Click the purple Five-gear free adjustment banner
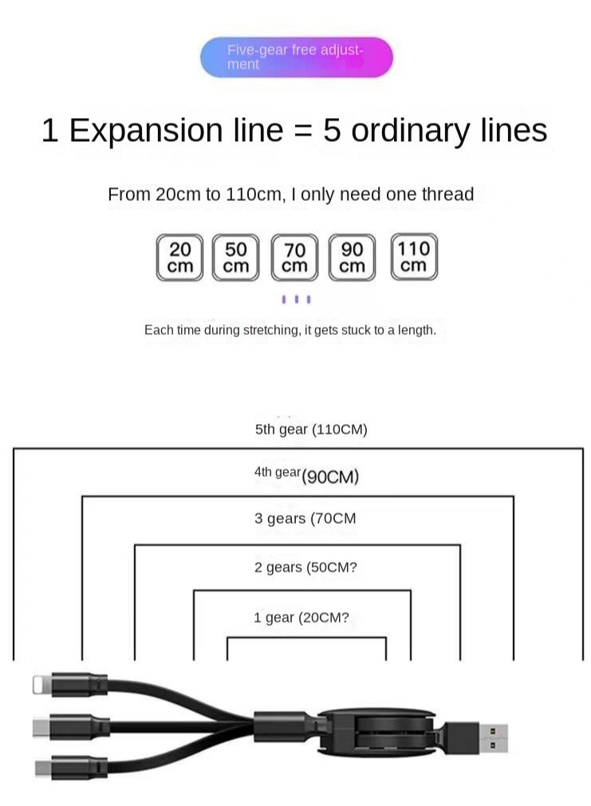coord(296,57)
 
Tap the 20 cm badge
coord(180,257)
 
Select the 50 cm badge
coord(235,257)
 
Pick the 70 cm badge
coord(294,257)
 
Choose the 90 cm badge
coord(352,257)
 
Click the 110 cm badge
coord(414,257)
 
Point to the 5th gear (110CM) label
coord(311,429)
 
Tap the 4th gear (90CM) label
coord(306,475)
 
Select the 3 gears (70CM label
coord(305,518)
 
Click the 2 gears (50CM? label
coord(305,567)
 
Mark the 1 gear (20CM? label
coord(301,617)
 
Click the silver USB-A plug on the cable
coord(493,737)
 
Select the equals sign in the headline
coord(303,131)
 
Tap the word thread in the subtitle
coord(447,195)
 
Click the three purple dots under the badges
coord(296,299)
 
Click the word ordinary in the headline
coord(411,131)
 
